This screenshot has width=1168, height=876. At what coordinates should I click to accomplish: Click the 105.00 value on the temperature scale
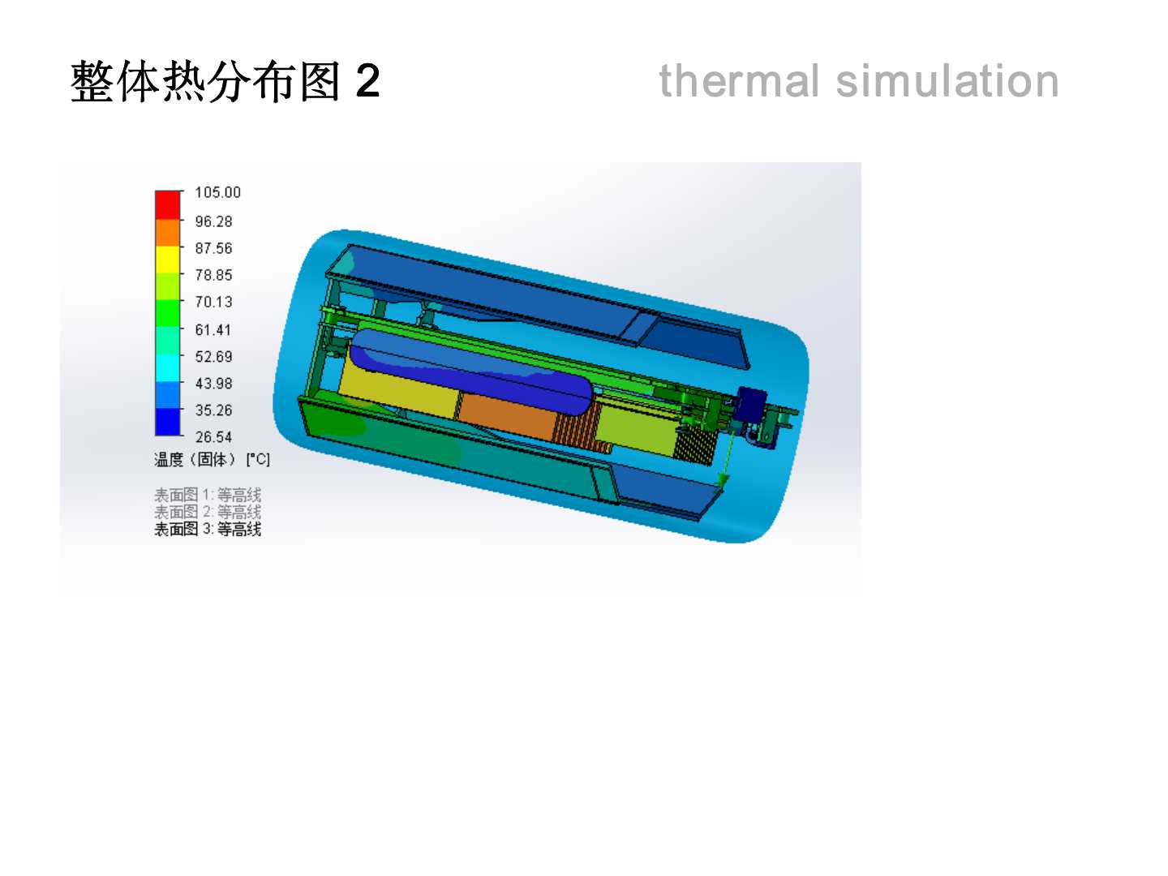[217, 192]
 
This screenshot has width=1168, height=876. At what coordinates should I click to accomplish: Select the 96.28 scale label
[213, 221]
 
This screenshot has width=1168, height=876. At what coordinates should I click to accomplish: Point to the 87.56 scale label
[213, 248]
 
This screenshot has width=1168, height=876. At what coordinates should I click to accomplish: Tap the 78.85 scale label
[213, 275]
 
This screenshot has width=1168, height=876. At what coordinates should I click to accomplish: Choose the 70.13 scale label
[213, 302]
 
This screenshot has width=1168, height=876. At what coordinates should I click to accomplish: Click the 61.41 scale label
[213, 330]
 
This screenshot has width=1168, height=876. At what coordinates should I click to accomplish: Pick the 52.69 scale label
[213, 356]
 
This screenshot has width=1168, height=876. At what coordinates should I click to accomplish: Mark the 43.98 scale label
[213, 383]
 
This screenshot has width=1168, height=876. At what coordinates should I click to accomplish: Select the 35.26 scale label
[213, 410]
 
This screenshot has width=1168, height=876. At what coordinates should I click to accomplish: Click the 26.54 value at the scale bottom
[213, 436]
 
